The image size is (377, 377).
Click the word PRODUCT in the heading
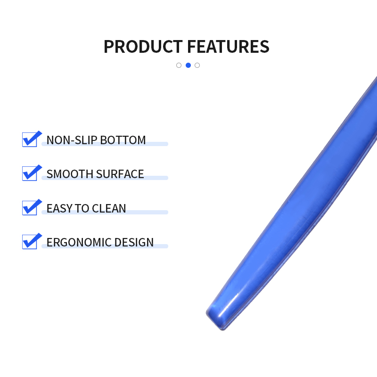tap(143, 46)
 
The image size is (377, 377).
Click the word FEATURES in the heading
tap(228, 46)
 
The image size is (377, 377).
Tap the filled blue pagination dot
tap(188, 65)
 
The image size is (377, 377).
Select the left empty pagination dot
tap(179, 65)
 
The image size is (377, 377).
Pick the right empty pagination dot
tap(197, 65)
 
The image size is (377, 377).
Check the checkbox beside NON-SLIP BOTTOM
tap(30, 139)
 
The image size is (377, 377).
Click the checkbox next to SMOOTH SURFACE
tap(30, 173)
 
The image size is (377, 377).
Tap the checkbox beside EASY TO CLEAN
tap(30, 208)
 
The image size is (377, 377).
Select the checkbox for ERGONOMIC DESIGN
tap(30, 242)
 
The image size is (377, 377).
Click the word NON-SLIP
tap(72, 140)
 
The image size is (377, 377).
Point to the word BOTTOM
tap(123, 140)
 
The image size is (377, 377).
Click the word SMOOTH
tap(70, 174)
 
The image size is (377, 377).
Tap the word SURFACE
tap(120, 174)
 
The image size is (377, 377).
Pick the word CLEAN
tap(109, 208)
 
